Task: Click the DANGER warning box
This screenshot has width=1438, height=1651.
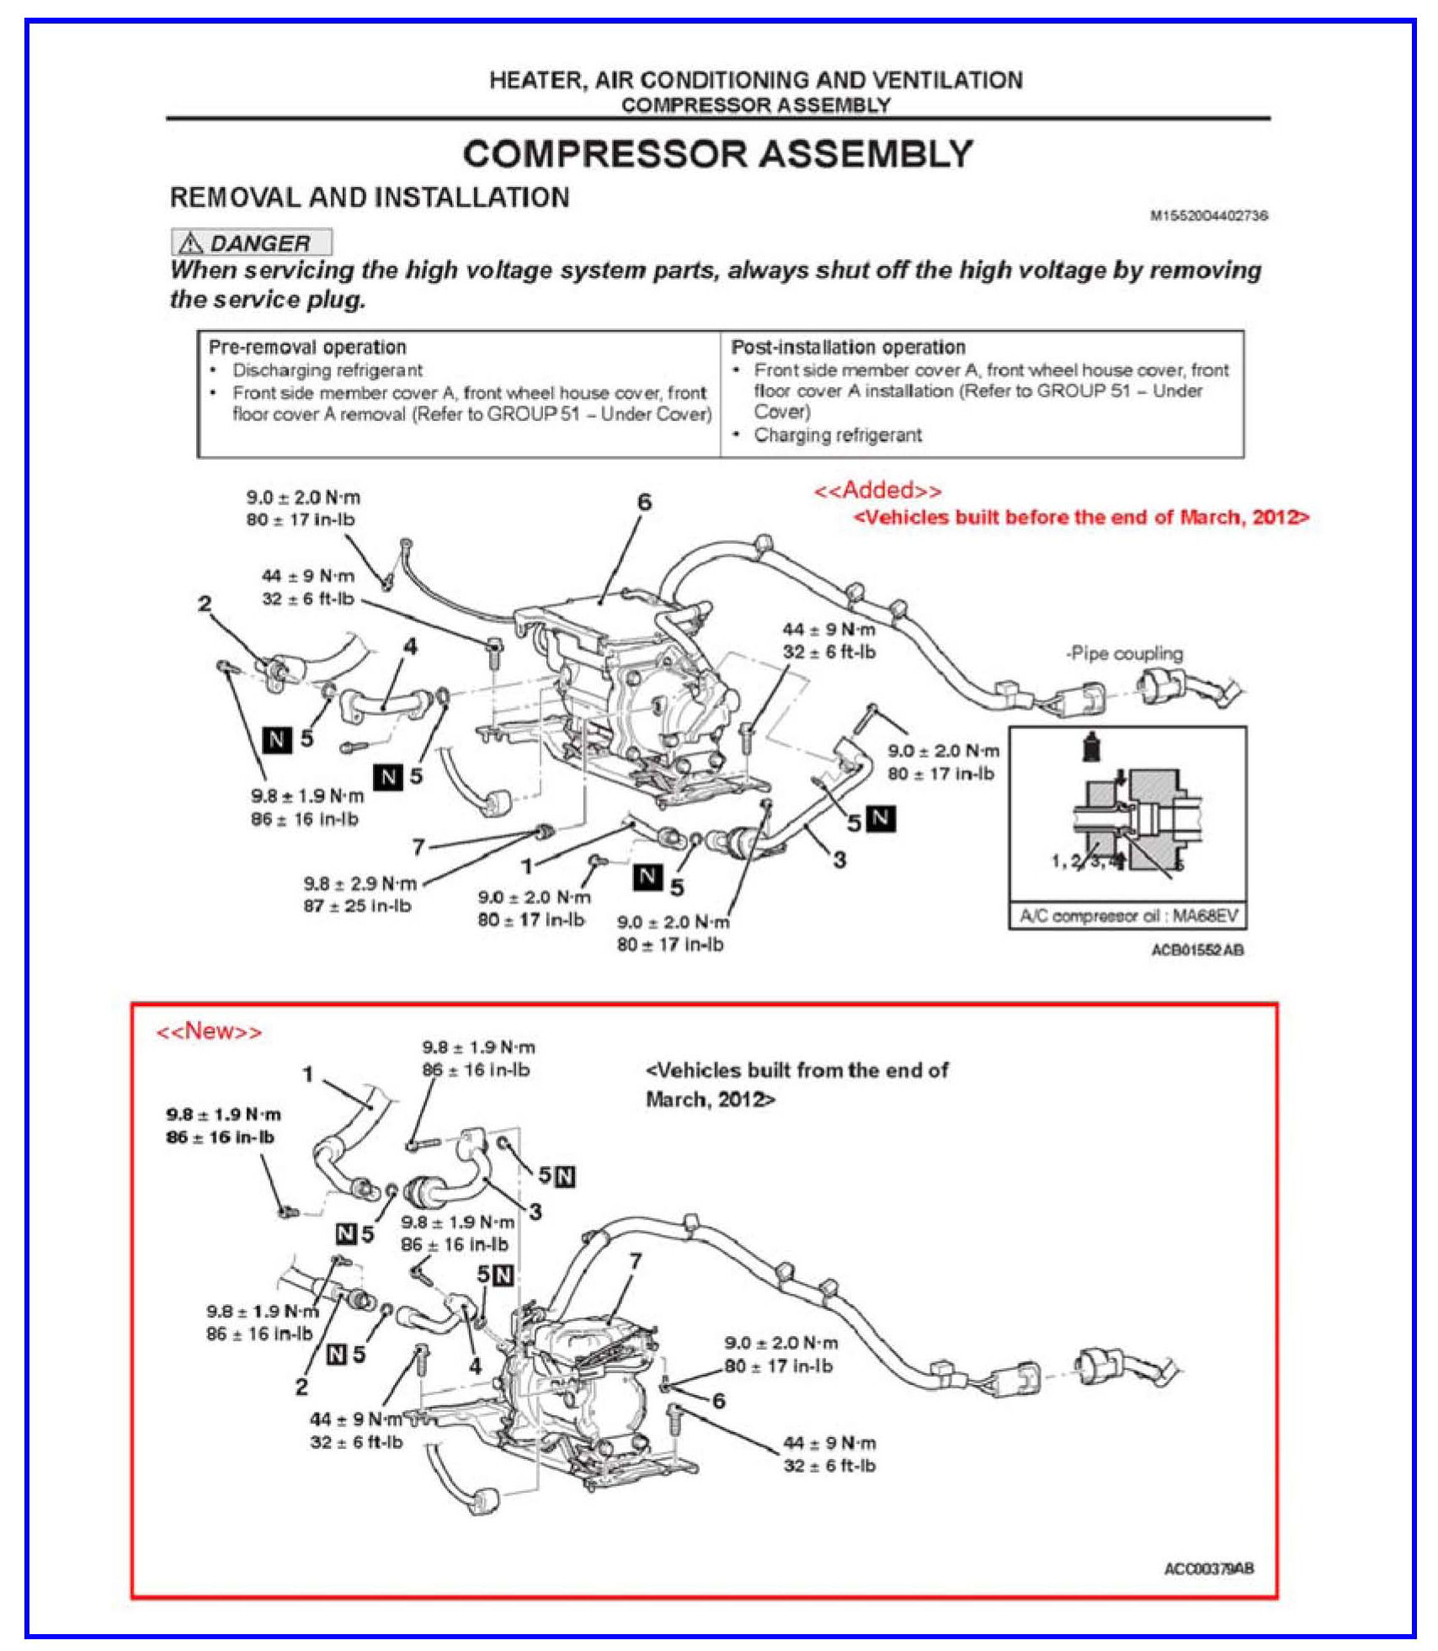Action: [x=252, y=243]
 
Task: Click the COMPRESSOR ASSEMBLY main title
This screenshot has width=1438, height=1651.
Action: [x=717, y=155]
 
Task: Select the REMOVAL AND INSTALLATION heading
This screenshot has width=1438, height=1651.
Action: [x=370, y=198]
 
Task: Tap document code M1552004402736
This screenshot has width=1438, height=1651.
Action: [x=1208, y=216]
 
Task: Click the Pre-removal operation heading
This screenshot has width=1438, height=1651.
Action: [x=307, y=347]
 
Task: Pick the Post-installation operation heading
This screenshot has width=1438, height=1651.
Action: [x=848, y=347]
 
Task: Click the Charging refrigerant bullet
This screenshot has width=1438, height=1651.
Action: [x=837, y=435]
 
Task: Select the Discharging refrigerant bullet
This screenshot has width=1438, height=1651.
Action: [x=328, y=370]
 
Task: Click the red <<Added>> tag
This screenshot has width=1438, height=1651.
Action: [x=877, y=491]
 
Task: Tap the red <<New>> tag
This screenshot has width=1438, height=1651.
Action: [x=209, y=1031]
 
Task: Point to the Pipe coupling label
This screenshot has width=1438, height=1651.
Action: [x=1124, y=653]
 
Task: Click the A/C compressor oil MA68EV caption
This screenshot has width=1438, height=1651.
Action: [x=1128, y=916]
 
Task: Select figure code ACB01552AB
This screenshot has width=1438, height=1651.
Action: [x=1197, y=950]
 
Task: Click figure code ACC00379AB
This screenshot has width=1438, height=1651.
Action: [x=1208, y=1568]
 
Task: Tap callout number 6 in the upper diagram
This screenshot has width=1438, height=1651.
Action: [x=644, y=503]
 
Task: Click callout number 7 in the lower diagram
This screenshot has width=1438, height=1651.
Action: [x=635, y=1261]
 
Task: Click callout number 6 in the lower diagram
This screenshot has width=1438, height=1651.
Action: [x=718, y=1401]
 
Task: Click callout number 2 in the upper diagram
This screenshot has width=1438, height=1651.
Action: [x=205, y=604]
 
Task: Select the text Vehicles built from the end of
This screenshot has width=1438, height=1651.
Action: [x=796, y=1071]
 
